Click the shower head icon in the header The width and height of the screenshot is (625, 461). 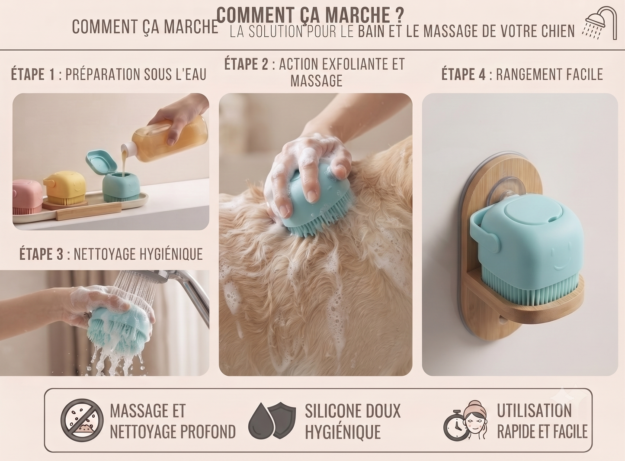[600, 23]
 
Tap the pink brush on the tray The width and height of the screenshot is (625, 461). [27, 197]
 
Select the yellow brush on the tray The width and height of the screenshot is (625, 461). [65, 190]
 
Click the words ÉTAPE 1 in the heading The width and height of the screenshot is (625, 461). [33, 74]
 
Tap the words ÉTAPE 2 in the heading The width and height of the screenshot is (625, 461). [247, 64]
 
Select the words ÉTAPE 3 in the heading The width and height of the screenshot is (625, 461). [41, 254]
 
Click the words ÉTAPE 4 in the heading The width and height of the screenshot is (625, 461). [463, 74]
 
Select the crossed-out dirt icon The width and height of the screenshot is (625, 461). [82, 420]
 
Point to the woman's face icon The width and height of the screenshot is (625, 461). [475, 421]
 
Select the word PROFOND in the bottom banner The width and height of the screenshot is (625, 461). [208, 432]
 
